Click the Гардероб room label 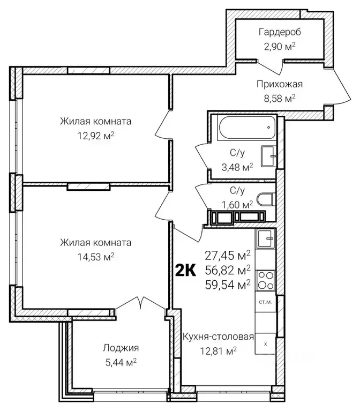[280, 32]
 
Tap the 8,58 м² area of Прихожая [280, 98]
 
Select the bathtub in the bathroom [247, 128]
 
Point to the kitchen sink [266, 238]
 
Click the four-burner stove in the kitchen [265, 280]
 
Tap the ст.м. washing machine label [265, 302]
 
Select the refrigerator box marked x [265, 344]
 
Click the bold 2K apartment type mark [185, 271]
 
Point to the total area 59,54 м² [228, 285]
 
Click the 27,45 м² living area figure [228, 255]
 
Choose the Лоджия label [121, 348]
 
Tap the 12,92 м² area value [96, 136]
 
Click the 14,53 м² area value [96, 257]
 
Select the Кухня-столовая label [218, 337]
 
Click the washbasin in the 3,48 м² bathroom [268, 156]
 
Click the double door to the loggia [141, 303]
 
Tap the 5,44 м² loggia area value [121, 363]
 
